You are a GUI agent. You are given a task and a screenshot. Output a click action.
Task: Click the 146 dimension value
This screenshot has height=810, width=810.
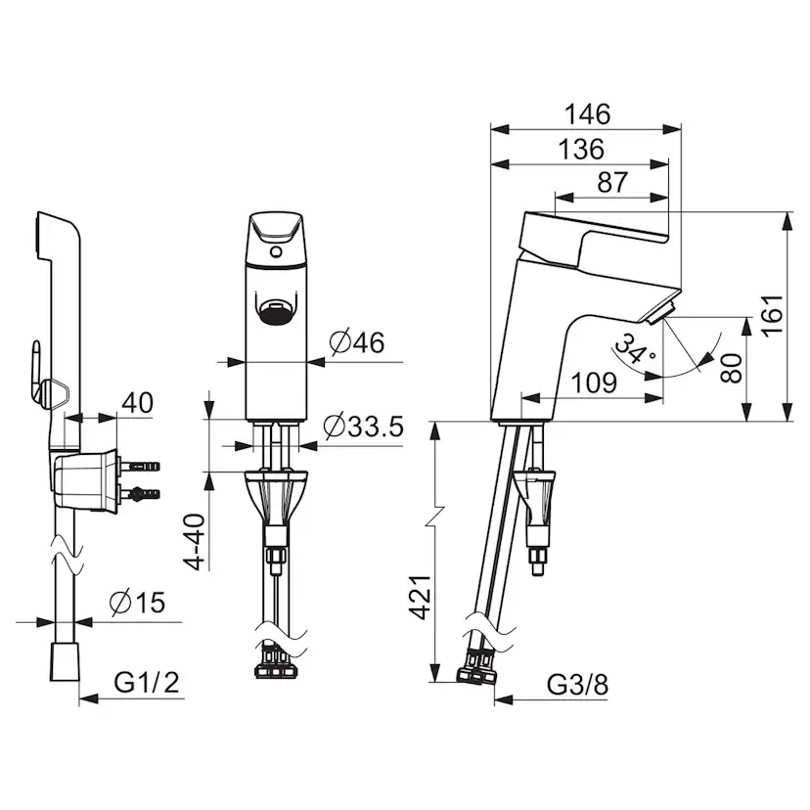coord(587,114)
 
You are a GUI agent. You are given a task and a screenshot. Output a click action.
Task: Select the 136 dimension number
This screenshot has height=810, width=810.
coord(581,150)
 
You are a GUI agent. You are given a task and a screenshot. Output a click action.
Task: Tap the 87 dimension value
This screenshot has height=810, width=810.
coord(612,182)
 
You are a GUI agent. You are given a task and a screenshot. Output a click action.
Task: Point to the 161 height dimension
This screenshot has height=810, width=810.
coord(773,316)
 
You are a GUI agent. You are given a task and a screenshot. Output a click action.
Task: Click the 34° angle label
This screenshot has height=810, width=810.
coord(635,349)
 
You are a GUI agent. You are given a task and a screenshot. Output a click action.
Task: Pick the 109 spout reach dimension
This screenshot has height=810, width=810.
coord(594,382)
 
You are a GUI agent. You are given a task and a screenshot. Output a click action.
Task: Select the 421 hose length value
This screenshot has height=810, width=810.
coord(420,597)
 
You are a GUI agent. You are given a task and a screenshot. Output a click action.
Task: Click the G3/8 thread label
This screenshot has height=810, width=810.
coord(577,685)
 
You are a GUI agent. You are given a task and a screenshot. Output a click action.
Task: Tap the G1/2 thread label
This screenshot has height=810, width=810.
coord(147,683)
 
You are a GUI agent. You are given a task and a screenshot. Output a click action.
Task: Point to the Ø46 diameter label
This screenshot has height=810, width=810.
coord(357,342)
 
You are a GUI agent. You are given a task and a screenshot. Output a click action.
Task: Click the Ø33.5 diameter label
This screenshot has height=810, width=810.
coord(363,427)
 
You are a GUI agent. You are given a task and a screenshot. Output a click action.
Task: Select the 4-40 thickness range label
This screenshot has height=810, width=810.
coord(196,542)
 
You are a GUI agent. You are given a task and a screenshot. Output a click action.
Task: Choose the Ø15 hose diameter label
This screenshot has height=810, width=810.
coord(137,603)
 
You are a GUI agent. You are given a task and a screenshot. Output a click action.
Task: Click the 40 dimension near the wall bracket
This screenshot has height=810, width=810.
coord(137,403)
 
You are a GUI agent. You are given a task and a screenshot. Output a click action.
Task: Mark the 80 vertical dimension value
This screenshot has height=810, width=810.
coord(732,368)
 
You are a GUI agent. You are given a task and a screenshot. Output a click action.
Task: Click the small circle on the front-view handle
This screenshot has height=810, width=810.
coord(277,252)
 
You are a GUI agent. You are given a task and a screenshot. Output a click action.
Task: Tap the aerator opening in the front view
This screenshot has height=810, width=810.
coord(277,313)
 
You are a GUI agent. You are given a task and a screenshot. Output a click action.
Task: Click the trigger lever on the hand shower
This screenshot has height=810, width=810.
coord(36,370)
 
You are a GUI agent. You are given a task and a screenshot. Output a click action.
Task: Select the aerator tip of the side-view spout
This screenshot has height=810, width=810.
coord(659,314)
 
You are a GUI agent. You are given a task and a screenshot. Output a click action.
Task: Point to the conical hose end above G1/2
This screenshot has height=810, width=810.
coord(66,661)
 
